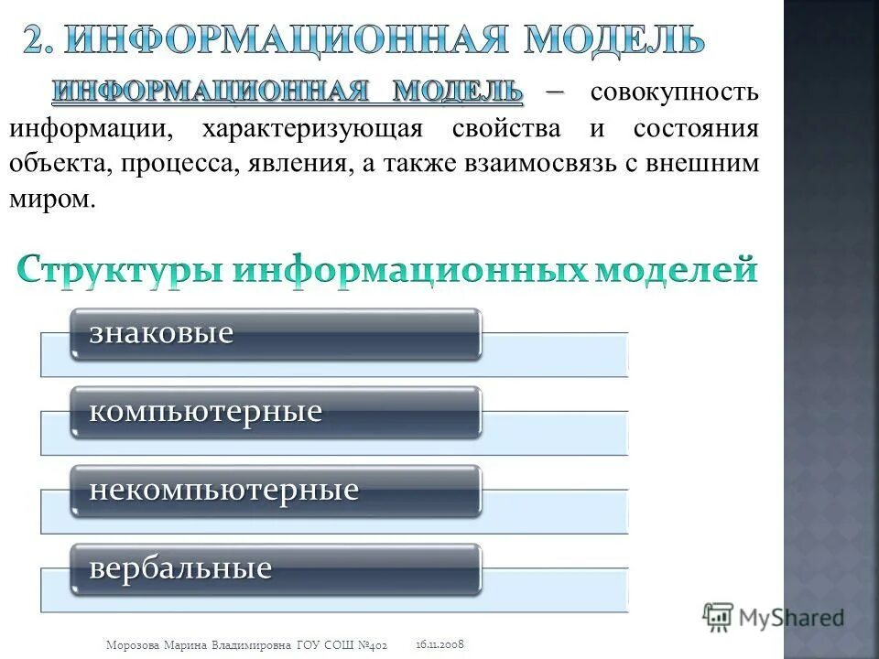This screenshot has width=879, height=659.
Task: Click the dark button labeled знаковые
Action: pos(277,333)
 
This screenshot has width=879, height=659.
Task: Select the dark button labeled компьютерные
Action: pos(277,411)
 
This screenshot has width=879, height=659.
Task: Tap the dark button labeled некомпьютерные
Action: pos(277,490)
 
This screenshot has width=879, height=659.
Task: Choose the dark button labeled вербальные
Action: pos(277,568)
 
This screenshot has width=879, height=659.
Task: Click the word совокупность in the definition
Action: pos(674,92)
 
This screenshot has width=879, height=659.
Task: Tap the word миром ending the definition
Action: pos(51,200)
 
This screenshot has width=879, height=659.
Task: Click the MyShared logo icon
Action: pos(720,617)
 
